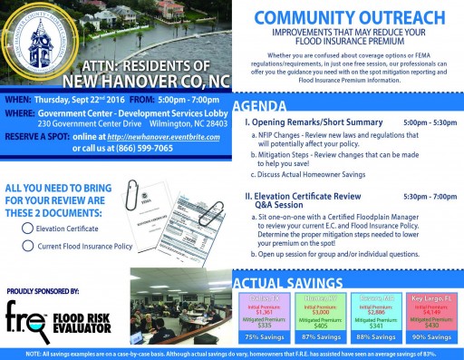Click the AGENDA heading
point(264,104)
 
